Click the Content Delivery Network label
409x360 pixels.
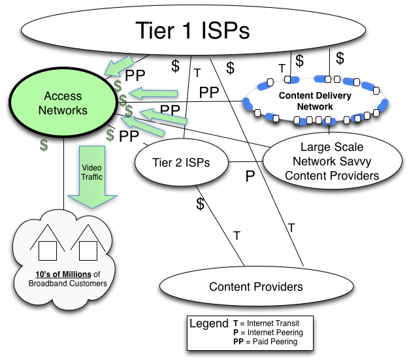315,101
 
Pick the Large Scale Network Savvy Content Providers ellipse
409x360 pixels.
331,161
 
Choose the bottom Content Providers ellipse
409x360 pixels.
255,286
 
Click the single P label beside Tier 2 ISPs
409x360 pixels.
249,175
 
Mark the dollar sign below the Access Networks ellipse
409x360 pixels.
43,145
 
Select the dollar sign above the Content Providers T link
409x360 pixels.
200,204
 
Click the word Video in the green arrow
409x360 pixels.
91,167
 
